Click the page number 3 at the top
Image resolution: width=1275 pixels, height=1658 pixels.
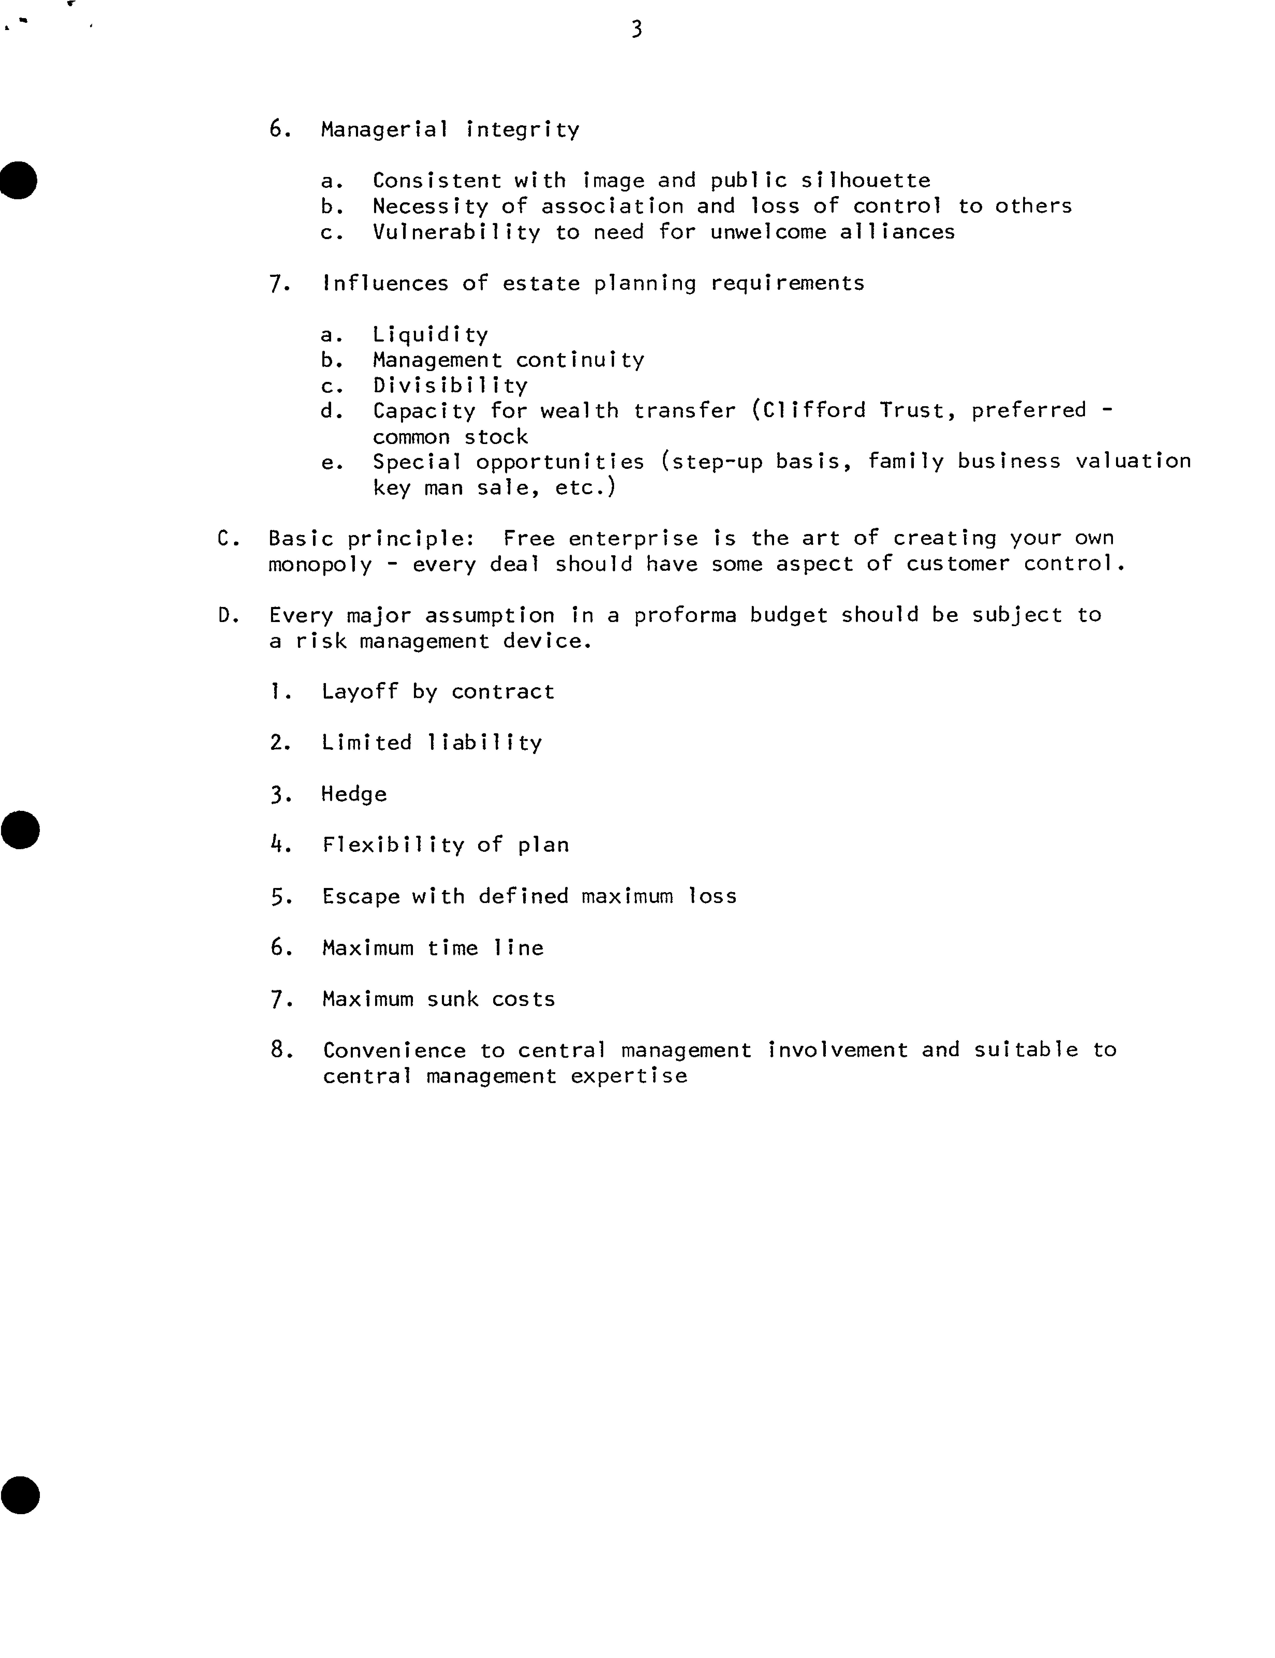tap(636, 29)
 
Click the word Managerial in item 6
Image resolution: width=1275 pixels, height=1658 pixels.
tap(384, 130)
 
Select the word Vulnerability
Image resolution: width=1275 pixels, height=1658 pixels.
tap(456, 232)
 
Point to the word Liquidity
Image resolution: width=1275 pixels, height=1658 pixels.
tap(430, 335)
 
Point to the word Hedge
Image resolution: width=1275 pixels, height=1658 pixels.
tap(354, 794)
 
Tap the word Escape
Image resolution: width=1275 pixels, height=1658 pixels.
tap(360, 897)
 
